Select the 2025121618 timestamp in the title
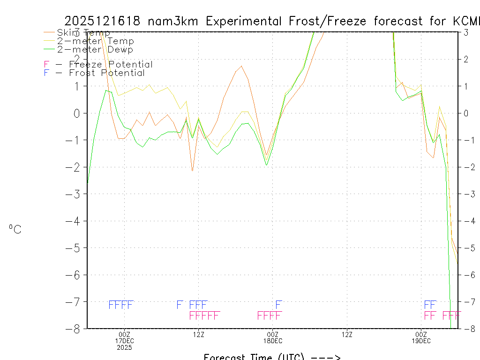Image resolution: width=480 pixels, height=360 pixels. [103, 21]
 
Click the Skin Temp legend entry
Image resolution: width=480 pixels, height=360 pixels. [83, 33]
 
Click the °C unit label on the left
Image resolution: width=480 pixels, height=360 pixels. [15, 229]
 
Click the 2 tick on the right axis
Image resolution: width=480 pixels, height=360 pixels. [466, 59]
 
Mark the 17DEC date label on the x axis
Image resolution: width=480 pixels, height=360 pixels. [124, 341]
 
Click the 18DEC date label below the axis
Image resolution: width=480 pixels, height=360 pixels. [273, 341]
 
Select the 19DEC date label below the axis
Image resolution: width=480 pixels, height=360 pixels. [421, 341]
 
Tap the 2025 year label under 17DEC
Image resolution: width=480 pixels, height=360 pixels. [124, 347]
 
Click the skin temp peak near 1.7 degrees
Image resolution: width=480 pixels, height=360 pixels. [241, 66]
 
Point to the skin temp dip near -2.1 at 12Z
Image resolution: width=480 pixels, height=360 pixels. [192, 171]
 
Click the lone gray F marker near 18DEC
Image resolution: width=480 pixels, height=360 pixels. [278, 305]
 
